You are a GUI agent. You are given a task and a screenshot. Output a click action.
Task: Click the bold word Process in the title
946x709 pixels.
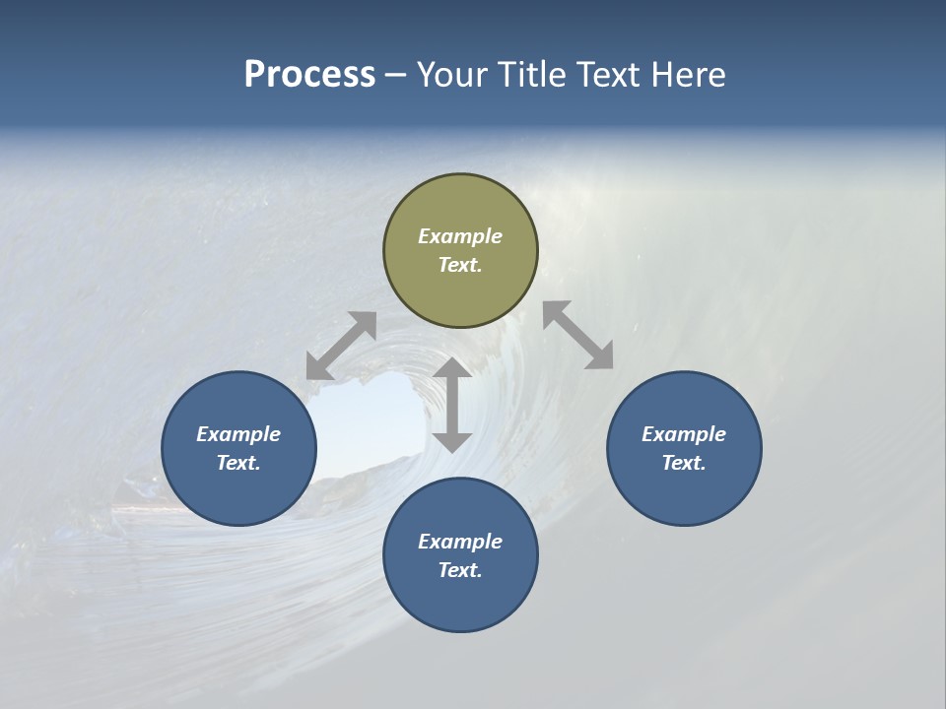309,75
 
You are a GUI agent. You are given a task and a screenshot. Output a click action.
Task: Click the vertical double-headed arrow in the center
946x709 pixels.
452,406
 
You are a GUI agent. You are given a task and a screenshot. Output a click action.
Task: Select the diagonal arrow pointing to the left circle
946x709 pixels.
341,346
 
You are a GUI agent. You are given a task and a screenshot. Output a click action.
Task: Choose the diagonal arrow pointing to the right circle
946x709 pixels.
578,335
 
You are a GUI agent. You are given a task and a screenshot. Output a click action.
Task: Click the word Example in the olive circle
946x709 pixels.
460,236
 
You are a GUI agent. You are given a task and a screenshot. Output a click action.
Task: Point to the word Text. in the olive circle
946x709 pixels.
460,265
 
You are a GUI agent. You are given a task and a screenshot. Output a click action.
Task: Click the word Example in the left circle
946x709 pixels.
238,434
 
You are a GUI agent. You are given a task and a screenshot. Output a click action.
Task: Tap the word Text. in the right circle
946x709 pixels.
684,463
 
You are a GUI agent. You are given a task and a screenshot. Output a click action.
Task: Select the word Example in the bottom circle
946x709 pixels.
460,542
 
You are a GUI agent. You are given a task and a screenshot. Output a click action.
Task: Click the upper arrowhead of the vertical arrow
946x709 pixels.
452,370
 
